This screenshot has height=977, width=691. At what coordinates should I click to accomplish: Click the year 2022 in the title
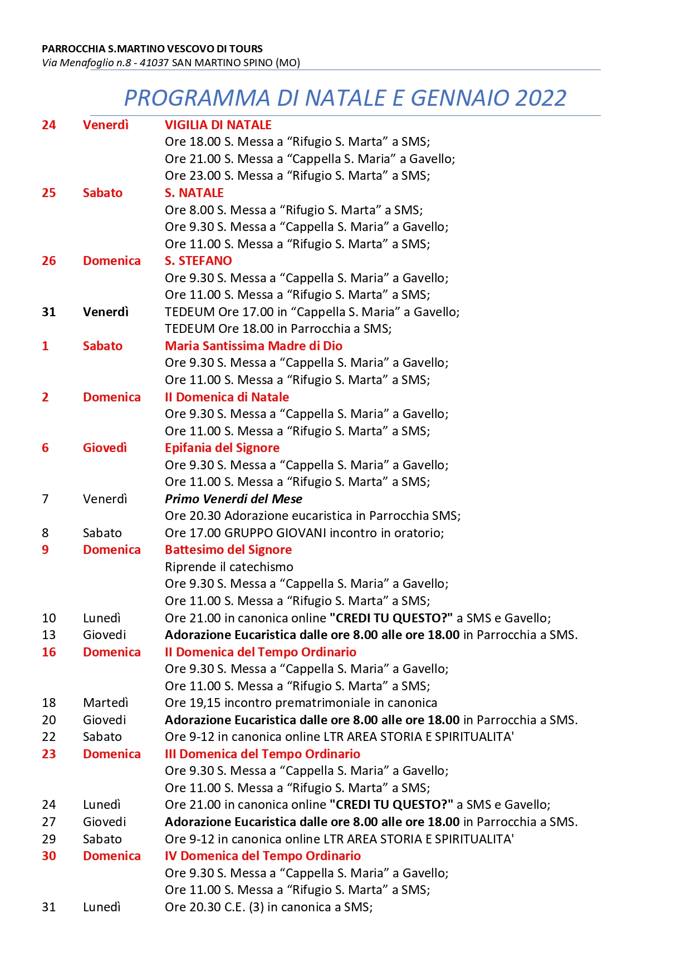(541, 98)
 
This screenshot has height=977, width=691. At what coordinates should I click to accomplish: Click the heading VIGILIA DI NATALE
(218, 125)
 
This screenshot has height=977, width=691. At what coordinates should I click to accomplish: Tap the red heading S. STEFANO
(198, 261)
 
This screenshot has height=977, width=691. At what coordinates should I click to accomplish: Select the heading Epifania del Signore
(222, 448)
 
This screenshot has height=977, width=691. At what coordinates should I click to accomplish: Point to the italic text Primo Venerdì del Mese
(233, 499)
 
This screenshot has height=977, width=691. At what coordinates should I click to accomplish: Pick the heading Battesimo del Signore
(228, 549)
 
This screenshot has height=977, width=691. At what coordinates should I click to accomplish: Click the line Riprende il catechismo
(229, 567)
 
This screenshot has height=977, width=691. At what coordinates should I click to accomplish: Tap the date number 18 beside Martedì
(49, 703)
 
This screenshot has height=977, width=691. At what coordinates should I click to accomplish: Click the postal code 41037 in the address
(154, 63)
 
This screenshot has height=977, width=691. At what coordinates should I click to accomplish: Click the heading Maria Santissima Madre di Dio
(253, 346)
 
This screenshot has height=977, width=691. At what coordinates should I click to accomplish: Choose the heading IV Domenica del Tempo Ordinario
(262, 856)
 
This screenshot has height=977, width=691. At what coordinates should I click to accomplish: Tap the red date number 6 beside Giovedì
(45, 448)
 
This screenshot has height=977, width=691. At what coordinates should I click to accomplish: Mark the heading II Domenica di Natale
(227, 397)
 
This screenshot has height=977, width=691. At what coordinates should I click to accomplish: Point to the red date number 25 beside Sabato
(49, 193)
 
